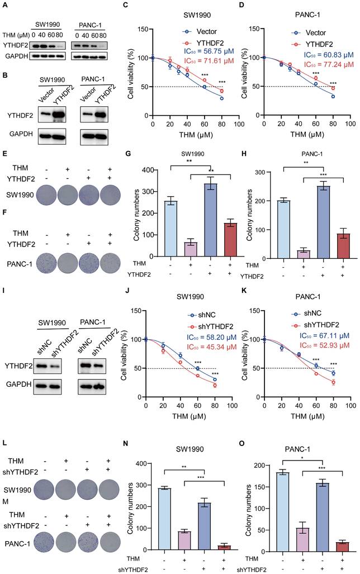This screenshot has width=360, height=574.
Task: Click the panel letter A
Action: tap(5, 5)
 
